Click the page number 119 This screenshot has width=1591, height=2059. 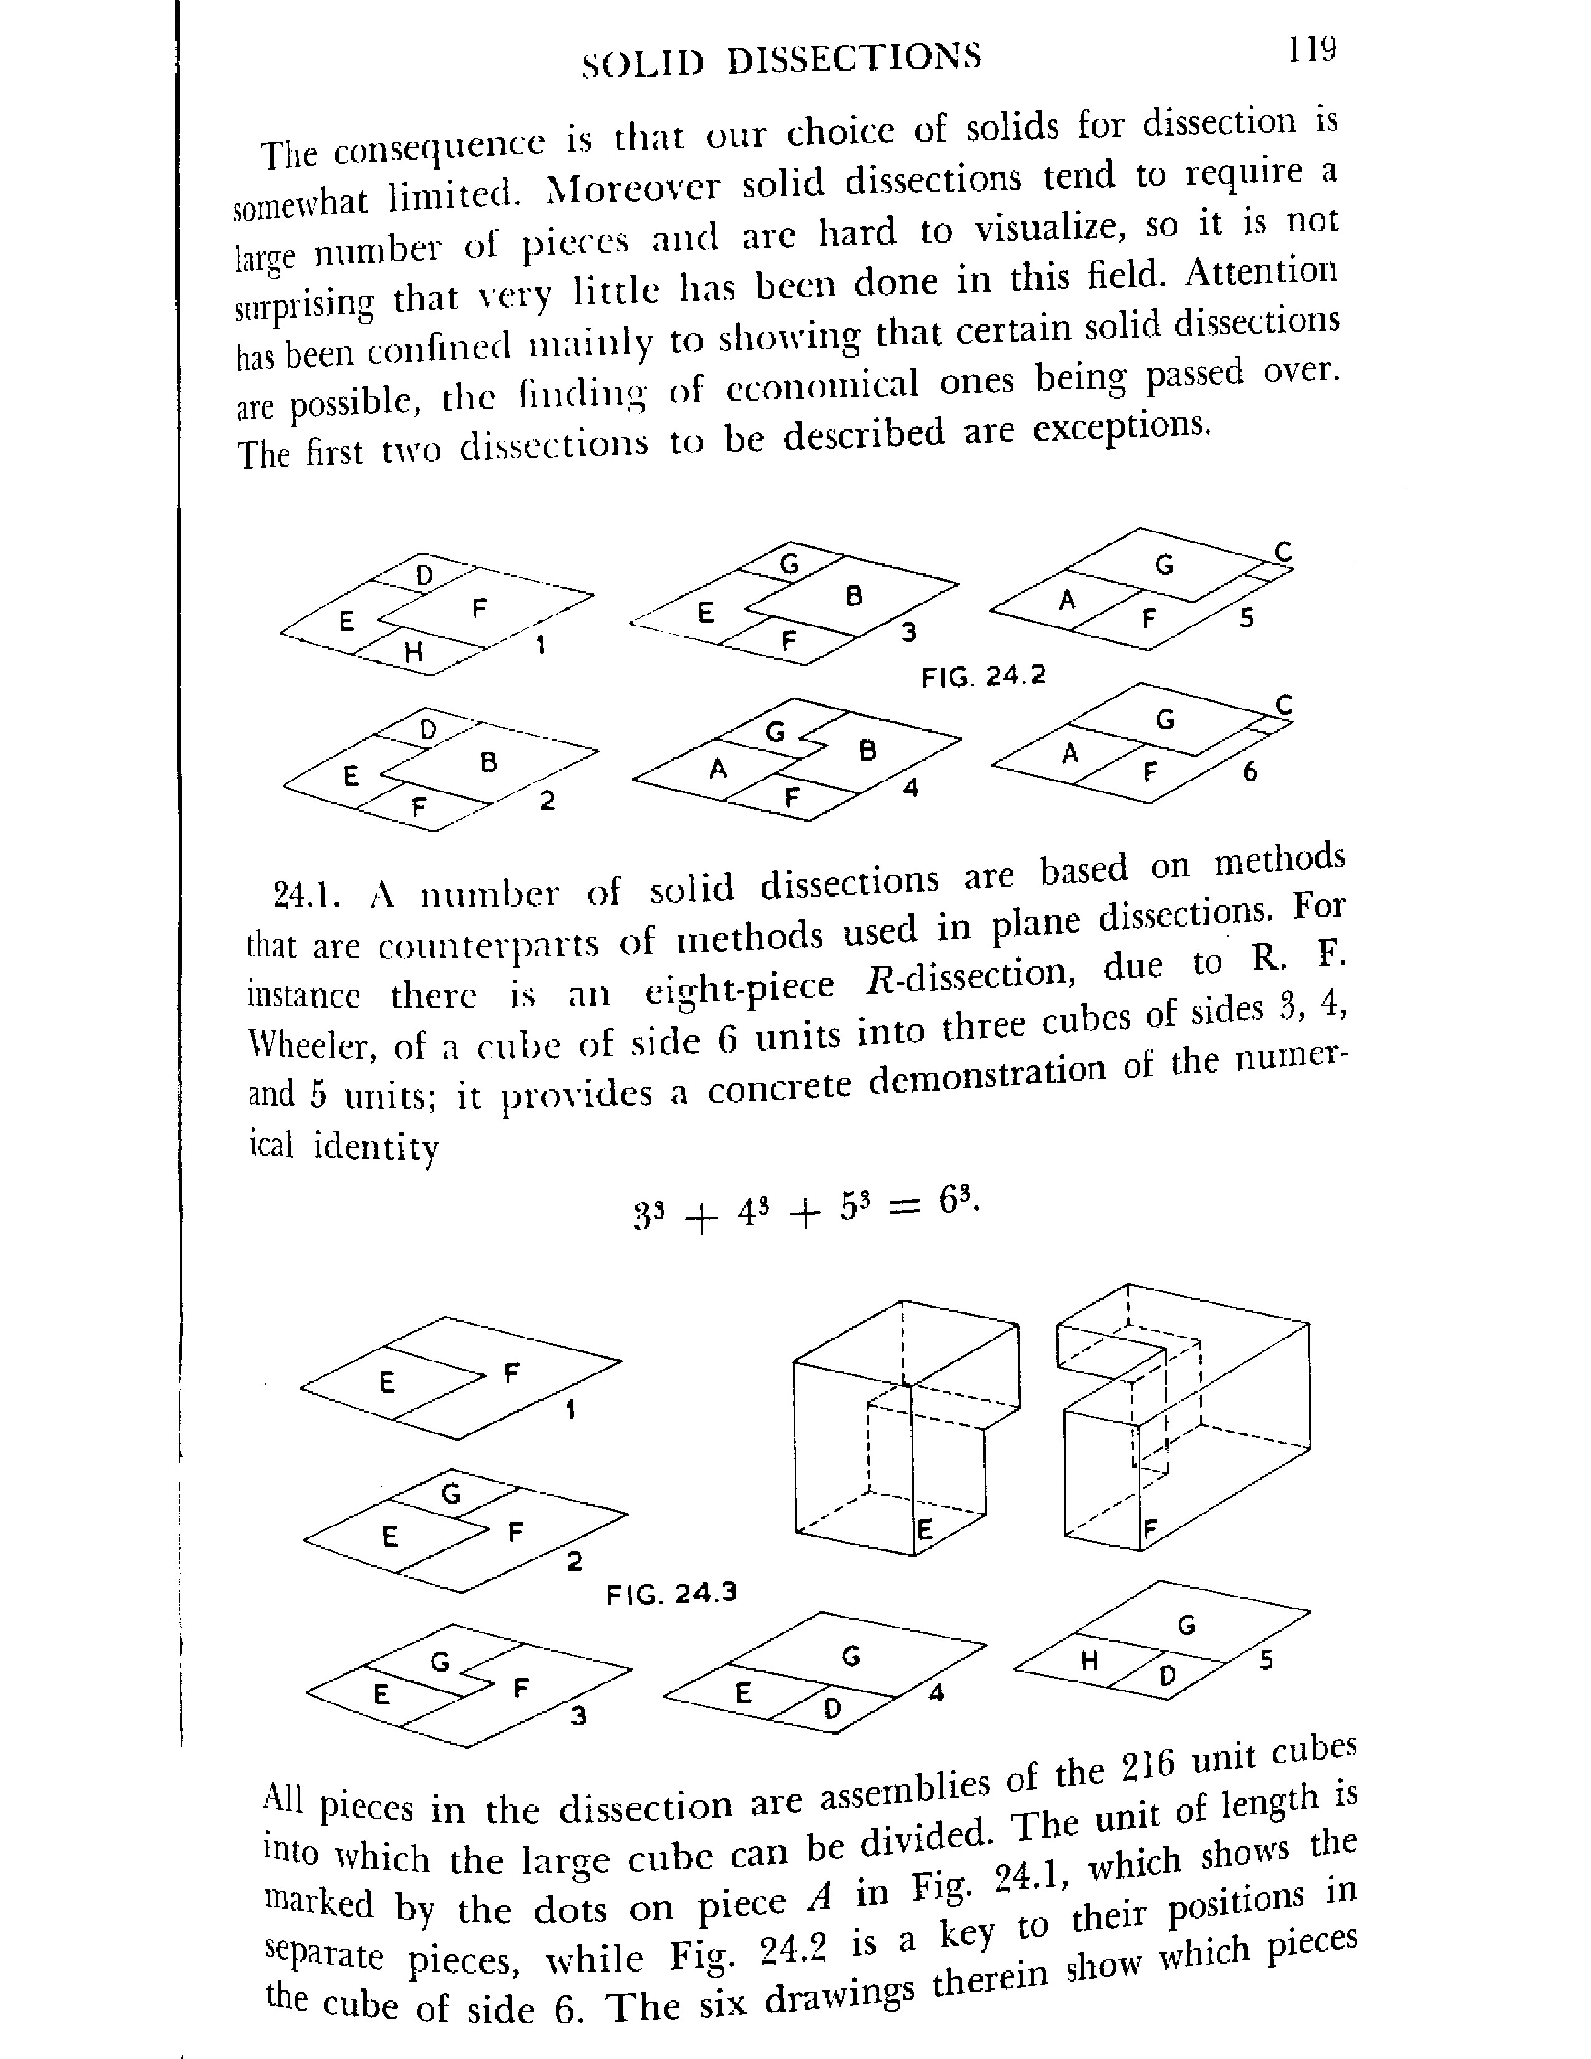click(x=1313, y=49)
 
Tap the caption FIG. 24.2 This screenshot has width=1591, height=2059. click(x=983, y=676)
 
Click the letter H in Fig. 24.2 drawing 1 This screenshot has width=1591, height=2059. click(x=412, y=651)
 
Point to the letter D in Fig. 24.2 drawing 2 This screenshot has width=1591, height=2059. click(x=428, y=730)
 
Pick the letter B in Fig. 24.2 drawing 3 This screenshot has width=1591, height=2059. click(x=854, y=596)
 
